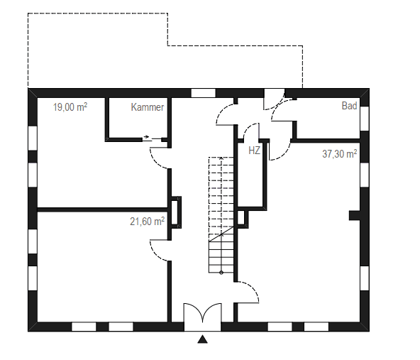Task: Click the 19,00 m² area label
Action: tap(70, 107)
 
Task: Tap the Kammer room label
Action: tap(148, 108)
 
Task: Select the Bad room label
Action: tap(349, 107)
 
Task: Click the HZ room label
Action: tap(254, 151)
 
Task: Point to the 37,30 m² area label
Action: tap(339, 153)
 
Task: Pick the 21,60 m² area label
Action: tap(147, 222)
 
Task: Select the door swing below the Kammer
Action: tap(159, 155)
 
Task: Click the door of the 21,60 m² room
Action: tap(159, 249)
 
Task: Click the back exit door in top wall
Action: tap(273, 99)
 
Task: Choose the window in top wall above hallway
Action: tap(203, 93)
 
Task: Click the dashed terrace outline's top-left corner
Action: tap(28, 13)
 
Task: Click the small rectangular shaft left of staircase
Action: tap(176, 212)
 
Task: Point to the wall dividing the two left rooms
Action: tap(99, 209)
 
